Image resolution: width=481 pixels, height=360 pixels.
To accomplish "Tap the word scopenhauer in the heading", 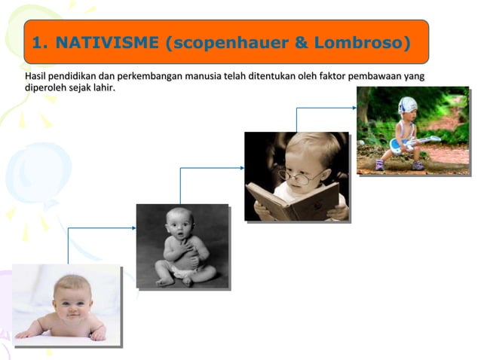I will [227, 43].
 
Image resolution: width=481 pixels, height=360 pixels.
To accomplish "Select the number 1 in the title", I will [38, 43].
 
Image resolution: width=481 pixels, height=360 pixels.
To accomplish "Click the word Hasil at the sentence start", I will [35, 77].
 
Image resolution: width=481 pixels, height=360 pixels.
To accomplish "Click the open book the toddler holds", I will [293, 200].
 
